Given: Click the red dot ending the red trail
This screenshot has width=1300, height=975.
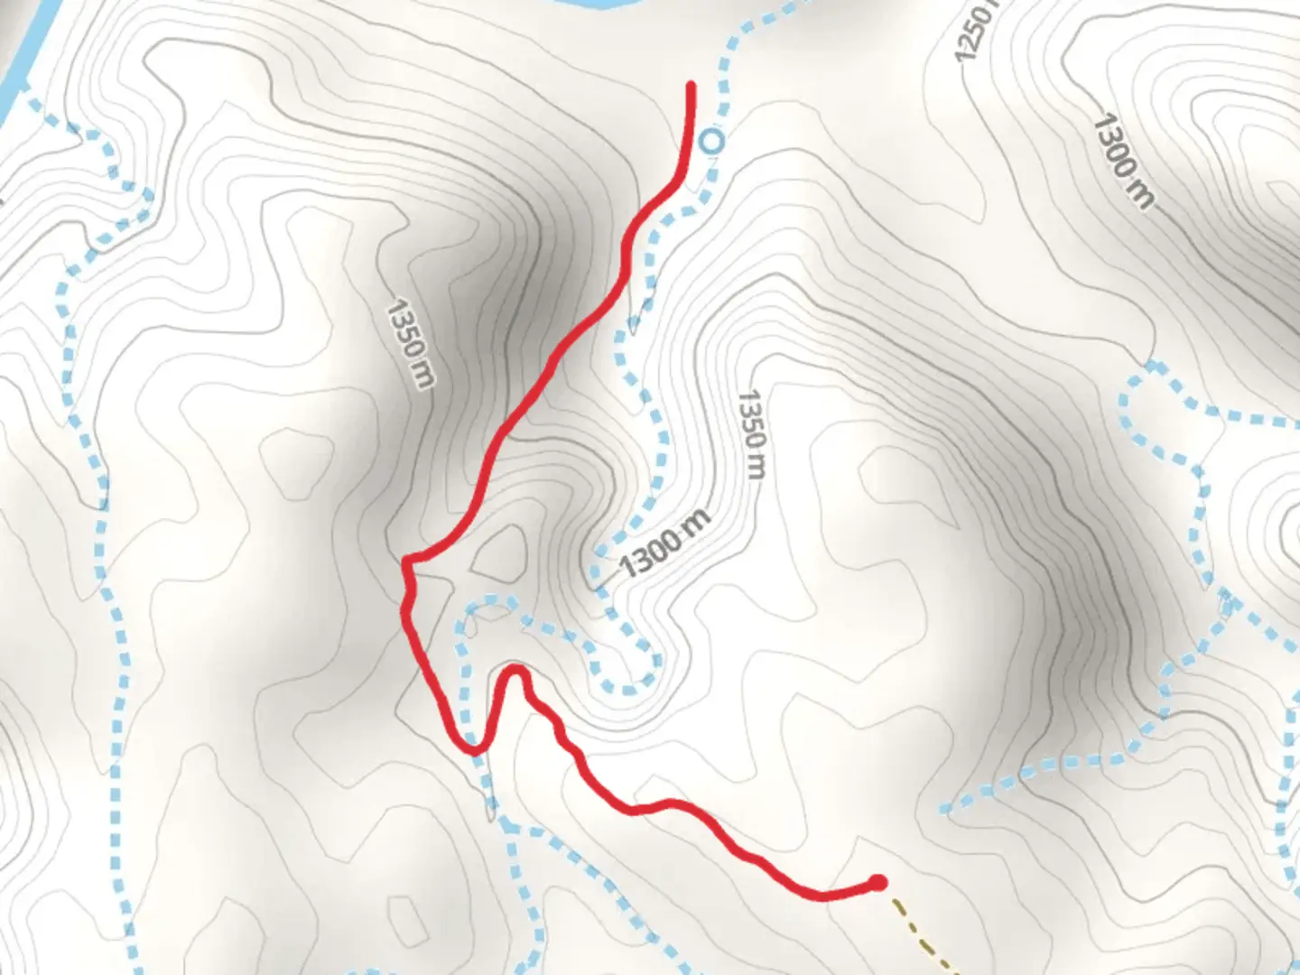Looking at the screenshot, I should coord(877,882).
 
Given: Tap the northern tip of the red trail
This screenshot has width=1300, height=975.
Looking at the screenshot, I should coord(692,85).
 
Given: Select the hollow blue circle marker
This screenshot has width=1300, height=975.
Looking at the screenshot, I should coord(712,141).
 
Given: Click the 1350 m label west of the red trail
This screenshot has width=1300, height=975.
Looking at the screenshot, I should coord(410,344).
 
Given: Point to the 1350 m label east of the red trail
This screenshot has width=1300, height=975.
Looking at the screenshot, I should coord(752,434).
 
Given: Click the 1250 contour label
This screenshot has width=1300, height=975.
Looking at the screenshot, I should coord(975,32).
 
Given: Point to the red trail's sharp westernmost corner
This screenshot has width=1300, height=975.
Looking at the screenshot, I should coord(405,563).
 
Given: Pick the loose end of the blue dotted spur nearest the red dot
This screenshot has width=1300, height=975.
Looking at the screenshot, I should coord(944,808).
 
